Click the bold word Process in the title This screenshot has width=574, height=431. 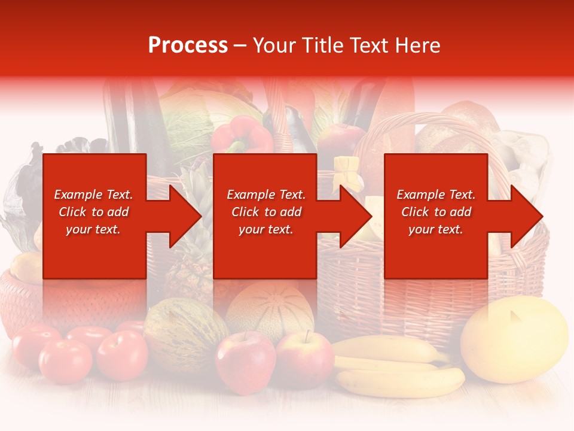[188, 45]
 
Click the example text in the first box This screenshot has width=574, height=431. [93, 212]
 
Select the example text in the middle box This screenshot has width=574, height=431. [266, 212]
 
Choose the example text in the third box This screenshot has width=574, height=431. [436, 212]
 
